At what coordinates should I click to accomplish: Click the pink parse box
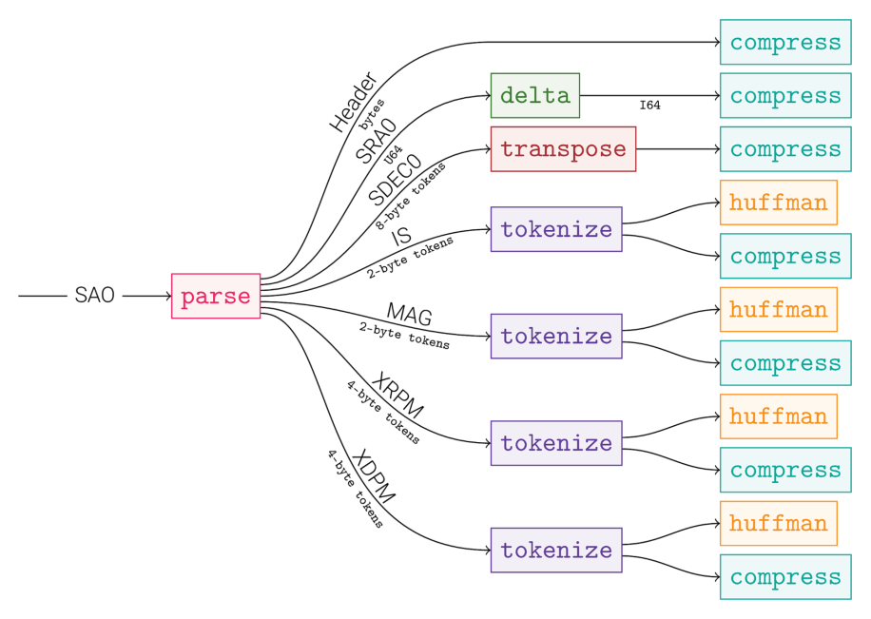(x=216, y=296)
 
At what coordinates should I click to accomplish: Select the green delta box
(x=534, y=95)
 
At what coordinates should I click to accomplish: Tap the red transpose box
(x=563, y=149)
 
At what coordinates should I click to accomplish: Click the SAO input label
(x=94, y=296)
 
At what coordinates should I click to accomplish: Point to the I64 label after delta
(x=649, y=106)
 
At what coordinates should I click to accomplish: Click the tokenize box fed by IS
(x=556, y=229)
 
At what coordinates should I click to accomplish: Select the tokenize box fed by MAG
(x=556, y=336)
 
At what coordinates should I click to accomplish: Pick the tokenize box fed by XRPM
(x=556, y=443)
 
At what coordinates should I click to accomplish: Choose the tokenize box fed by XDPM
(x=556, y=550)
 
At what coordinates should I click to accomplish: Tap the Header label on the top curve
(x=354, y=102)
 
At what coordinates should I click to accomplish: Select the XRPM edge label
(x=397, y=396)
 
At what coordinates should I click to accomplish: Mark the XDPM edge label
(x=373, y=475)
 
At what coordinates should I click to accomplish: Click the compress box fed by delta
(x=784, y=95)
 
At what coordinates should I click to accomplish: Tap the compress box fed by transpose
(x=784, y=149)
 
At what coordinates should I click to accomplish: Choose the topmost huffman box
(x=778, y=203)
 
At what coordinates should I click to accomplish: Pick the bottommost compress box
(x=784, y=577)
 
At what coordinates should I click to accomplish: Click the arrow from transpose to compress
(x=677, y=149)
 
